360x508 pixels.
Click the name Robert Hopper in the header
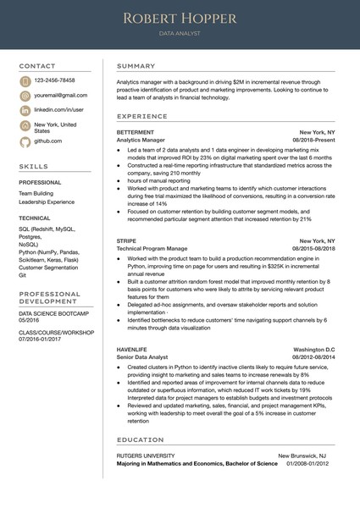tap(180, 18)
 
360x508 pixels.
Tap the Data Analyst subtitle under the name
tap(180, 34)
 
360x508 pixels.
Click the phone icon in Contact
tap(25, 80)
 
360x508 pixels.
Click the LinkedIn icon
tap(25, 110)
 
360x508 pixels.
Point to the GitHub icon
tap(25, 141)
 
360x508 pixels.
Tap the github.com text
tap(48, 141)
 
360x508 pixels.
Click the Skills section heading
tap(34, 167)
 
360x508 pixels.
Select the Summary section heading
tap(136, 66)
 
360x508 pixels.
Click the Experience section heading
tap(142, 116)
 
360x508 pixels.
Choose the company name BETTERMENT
tap(136, 133)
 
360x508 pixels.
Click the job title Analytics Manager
tap(141, 141)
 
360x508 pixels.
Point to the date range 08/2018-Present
tap(313, 141)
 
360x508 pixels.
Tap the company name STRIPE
tap(126, 241)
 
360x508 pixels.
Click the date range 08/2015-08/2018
tap(313, 249)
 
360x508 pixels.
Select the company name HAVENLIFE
tap(134, 350)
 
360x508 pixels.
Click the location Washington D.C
tap(314, 350)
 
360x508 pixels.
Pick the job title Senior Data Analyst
tap(143, 357)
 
